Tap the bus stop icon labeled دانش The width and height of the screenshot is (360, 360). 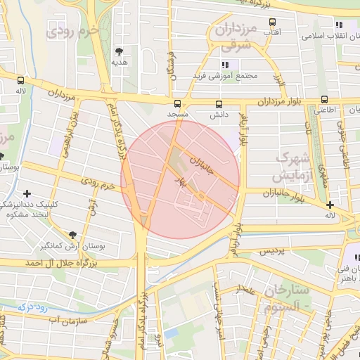click(219, 103)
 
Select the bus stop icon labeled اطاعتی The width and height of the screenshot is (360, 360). click(324, 99)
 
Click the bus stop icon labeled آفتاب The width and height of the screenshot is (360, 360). click(272, 22)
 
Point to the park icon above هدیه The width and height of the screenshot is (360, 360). click(120, 51)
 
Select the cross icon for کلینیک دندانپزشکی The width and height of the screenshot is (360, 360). click(27, 193)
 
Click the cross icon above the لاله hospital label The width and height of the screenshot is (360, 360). click(330, 205)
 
